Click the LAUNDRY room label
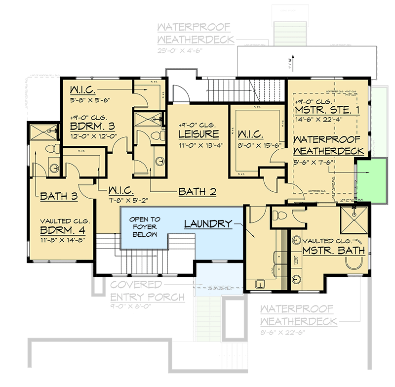point(208,224)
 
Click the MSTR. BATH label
point(334,251)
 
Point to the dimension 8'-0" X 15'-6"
point(252,144)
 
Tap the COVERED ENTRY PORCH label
point(148,291)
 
